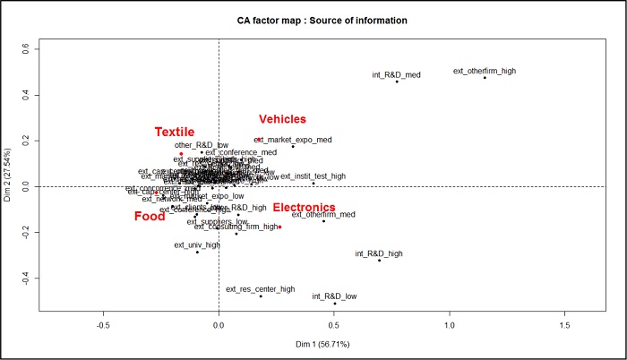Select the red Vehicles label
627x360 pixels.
click(x=282, y=119)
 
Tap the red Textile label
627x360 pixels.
click(x=174, y=133)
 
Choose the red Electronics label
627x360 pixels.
click(x=304, y=208)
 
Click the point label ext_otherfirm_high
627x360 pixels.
click(x=485, y=71)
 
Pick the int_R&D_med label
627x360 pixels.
click(x=397, y=74)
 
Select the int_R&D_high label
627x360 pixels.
click(x=379, y=253)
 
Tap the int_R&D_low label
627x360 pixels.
click(x=334, y=296)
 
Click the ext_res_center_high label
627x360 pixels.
click(x=260, y=288)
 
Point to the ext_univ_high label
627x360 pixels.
click(x=197, y=244)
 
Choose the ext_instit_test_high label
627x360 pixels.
click(x=313, y=176)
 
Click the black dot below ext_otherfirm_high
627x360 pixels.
click(x=485, y=78)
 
